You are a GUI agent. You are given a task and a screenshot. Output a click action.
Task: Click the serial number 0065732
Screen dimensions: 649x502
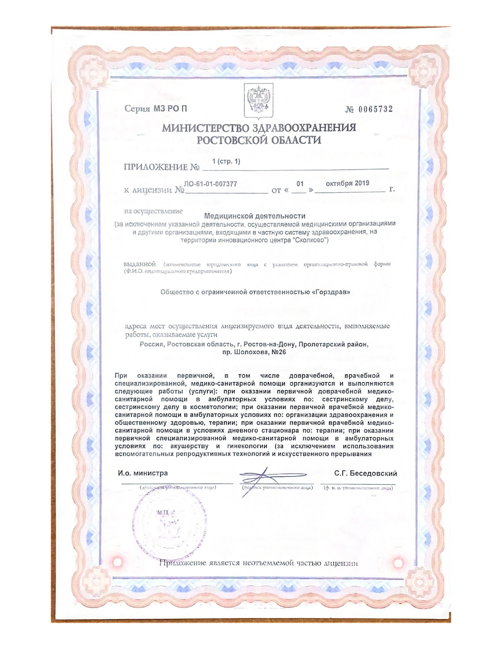375,109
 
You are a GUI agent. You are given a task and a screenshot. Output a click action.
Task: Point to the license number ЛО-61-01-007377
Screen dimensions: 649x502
210,184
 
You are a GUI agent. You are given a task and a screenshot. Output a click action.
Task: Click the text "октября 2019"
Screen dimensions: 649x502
348,183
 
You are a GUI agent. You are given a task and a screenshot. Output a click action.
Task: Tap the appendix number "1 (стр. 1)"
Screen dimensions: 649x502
226,162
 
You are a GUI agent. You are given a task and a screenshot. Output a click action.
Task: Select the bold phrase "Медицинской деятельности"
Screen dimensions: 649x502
255,216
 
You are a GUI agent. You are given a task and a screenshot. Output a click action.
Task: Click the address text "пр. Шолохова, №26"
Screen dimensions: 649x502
254,352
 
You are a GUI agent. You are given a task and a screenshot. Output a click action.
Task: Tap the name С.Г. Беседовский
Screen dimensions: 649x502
365,474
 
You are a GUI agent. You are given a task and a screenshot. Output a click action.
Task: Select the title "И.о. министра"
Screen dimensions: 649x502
143,473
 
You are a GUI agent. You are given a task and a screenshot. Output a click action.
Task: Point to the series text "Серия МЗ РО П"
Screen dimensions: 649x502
156,109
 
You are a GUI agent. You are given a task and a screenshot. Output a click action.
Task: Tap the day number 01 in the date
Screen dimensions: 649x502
300,184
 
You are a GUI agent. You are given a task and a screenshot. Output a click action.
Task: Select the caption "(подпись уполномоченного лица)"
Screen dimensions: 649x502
278,488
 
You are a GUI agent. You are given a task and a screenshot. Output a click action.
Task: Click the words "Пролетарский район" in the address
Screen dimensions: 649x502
333,345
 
